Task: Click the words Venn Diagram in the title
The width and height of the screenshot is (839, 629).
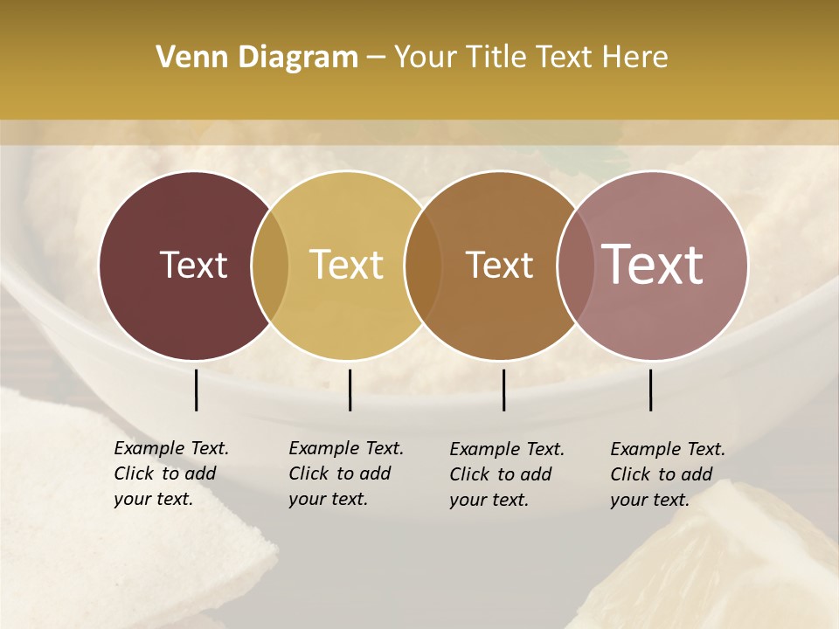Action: pos(257,58)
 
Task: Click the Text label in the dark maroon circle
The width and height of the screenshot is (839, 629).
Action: pos(193,265)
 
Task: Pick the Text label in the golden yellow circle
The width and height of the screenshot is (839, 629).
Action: pos(347,265)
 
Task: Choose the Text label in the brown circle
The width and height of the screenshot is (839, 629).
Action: pos(499,265)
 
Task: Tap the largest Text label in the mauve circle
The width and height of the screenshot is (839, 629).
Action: pos(653,265)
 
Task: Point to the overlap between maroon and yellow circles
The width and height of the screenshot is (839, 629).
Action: pos(270,265)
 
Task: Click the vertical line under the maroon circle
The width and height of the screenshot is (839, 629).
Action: pos(196,390)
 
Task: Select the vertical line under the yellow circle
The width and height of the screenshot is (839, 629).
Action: pos(350,390)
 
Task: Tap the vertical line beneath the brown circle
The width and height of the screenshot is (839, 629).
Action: pos(503,390)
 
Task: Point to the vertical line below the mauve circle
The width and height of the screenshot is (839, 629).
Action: pos(650,390)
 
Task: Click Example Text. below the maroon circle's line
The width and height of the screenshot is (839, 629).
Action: pos(171,448)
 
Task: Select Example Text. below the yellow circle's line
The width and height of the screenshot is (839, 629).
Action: pos(346,448)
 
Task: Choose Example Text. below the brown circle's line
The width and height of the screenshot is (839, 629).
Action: pos(507,449)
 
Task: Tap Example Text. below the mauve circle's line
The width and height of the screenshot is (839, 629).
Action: pos(668,449)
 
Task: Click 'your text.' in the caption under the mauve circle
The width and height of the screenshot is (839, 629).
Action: pos(649,500)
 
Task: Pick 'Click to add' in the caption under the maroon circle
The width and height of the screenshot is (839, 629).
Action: pos(164,473)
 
